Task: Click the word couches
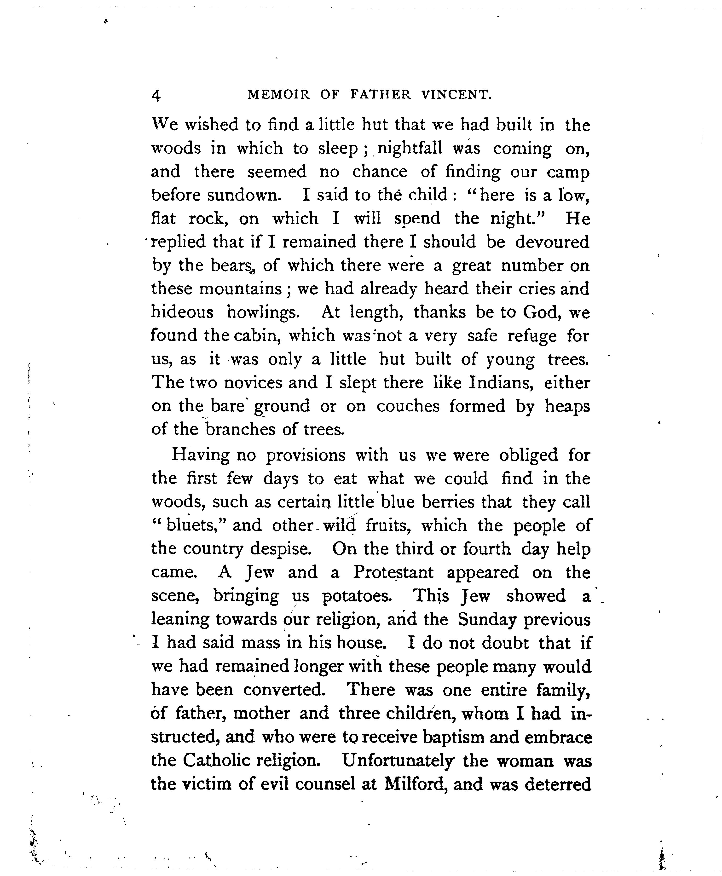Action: (408, 406)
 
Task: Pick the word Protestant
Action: (393, 572)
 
